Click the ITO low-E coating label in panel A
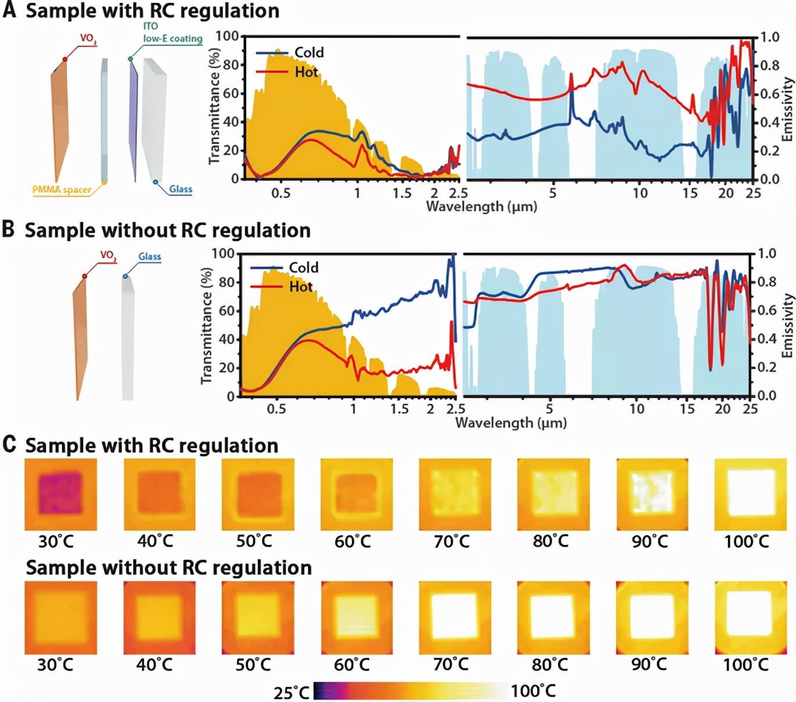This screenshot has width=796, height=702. pos(172,33)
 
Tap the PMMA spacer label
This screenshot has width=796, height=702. pos(61,189)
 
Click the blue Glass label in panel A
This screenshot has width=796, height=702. pos(180,189)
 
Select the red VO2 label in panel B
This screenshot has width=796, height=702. pos(108,255)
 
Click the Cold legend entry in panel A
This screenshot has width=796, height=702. pos(308,52)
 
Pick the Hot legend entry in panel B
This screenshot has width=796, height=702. pos(300,286)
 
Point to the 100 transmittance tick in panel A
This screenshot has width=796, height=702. pos(227,36)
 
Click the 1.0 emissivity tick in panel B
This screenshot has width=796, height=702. pos(766,253)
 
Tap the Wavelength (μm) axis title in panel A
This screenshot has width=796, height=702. pos(481,206)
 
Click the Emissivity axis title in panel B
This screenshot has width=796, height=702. pos(787,325)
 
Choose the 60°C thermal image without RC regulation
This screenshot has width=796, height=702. pos(357,617)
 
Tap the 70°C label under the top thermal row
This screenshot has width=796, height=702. pos(452,542)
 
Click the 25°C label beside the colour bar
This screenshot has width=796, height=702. pos(292,692)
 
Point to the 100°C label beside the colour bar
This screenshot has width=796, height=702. pos(533,691)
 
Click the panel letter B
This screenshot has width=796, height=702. pos(8,229)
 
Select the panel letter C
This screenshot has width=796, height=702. pos(9,445)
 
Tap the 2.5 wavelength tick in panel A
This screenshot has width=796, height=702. pos(459,193)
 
